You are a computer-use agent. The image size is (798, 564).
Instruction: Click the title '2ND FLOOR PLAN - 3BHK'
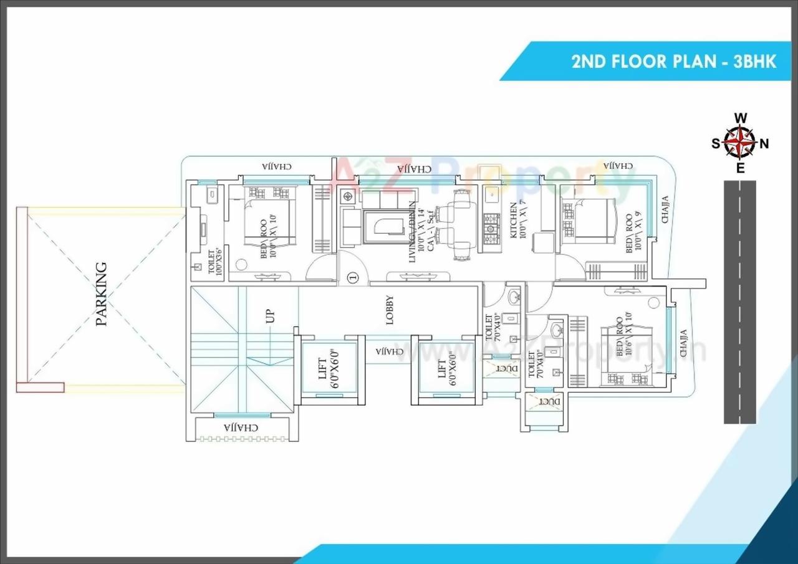coord(674,62)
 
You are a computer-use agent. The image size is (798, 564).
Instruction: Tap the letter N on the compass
coord(764,143)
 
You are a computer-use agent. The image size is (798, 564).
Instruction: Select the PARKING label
coord(101,294)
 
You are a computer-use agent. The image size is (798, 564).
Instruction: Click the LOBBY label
coord(390,309)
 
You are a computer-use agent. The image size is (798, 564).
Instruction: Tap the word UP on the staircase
coord(271,317)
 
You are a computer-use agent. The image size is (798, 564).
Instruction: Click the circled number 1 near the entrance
coord(353,277)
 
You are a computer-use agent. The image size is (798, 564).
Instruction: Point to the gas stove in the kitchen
coord(491,229)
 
